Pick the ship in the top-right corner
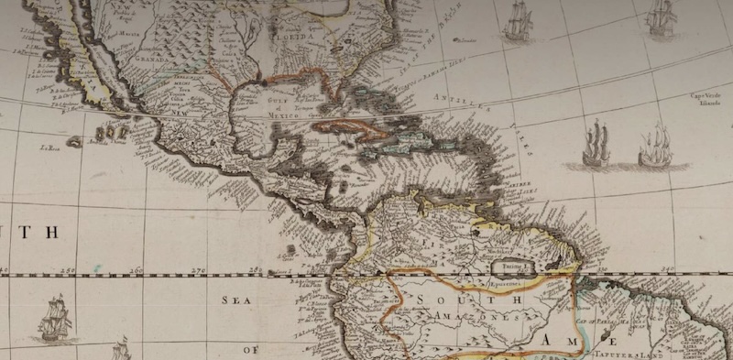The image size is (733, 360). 660,16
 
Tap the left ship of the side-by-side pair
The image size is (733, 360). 596,144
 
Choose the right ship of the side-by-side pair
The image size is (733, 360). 654,146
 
